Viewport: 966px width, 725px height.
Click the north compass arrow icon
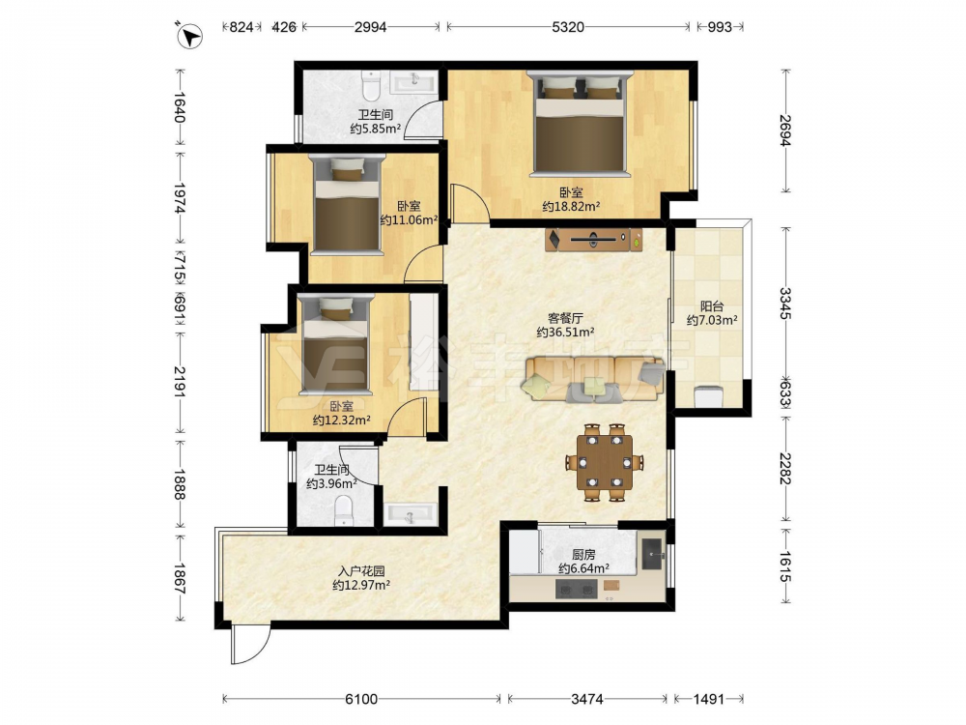[x=189, y=36]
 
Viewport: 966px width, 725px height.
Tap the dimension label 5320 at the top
[x=567, y=26]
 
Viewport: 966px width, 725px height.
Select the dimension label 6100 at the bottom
[x=361, y=699]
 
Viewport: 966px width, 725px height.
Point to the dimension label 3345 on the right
[x=784, y=303]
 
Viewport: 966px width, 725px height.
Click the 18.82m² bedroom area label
[x=571, y=207]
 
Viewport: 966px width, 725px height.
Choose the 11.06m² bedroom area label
[x=409, y=220]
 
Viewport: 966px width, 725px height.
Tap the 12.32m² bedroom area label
[x=341, y=420]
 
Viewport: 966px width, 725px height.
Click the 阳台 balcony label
[x=712, y=306]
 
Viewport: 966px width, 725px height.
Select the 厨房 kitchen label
[x=583, y=555]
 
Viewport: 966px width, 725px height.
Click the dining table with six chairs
[x=605, y=462]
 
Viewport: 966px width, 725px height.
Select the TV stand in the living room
[x=593, y=239]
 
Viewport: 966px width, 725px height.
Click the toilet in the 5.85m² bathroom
[x=371, y=86]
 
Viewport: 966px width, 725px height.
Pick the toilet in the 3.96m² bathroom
[x=344, y=511]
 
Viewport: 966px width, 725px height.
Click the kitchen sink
[x=652, y=554]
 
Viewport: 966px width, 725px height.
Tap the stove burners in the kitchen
[x=577, y=590]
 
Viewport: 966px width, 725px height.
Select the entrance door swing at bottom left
[x=250, y=643]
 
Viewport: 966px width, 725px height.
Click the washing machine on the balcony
[x=708, y=396]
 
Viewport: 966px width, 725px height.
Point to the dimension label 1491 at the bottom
[x=708, y=699]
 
